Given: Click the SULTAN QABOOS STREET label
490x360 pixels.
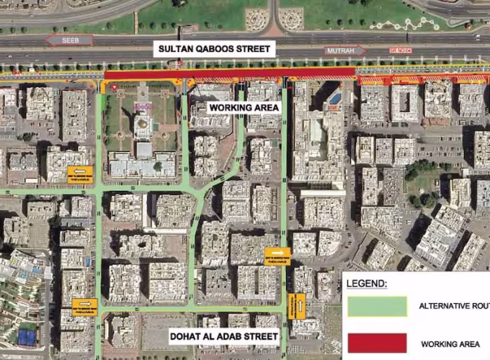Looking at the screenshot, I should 215,50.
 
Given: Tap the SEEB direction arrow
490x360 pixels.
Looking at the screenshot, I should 69,40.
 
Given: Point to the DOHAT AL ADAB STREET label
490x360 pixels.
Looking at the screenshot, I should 223,336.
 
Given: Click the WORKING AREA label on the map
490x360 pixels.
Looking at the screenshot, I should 243,107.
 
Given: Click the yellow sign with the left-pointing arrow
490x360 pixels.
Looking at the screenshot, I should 84,305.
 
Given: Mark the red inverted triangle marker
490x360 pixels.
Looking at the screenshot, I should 113,86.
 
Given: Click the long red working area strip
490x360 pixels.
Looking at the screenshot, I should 230,73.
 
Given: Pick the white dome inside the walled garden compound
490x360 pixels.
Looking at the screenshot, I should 143,126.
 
